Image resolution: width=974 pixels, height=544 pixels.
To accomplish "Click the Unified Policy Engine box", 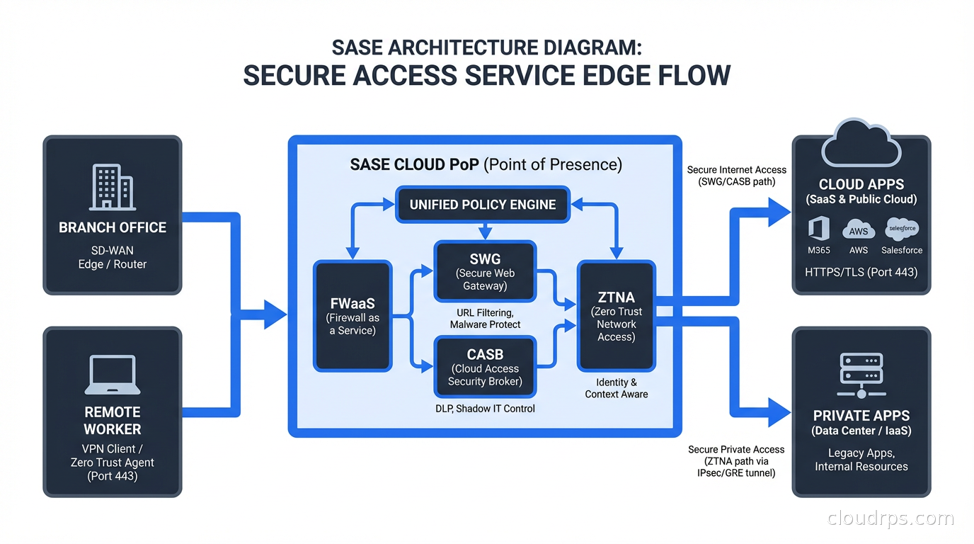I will [x=482, y=205].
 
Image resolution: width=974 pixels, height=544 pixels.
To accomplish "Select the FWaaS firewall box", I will [x=353, y=316].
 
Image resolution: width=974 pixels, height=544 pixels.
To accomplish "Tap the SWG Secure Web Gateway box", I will [x=485, y=271].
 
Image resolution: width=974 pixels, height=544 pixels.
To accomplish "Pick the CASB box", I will [x=485, y=367].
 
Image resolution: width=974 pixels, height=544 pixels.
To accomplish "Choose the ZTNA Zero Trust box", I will [x=616, y=316].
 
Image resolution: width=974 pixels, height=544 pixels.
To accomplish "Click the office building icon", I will [x=112, y=187].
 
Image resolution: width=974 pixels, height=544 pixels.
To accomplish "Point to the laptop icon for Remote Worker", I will [x=112, y=375].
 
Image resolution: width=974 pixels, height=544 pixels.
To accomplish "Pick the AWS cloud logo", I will [x=859, y=230].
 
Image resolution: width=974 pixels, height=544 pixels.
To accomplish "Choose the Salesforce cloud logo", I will [x=902, y=229].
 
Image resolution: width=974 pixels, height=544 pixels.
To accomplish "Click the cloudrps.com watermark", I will [x=890, y=518].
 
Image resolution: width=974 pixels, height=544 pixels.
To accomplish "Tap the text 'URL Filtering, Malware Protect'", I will [x=485, y=318].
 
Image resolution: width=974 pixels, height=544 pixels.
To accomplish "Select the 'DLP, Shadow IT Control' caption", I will [x=485, y=409].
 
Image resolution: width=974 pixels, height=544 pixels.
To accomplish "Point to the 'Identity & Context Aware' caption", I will [x=616, y=388].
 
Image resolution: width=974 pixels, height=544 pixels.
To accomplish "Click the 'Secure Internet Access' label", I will [x=736, y=170].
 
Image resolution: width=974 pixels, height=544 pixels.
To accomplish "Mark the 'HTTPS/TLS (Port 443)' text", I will [x=861, y=272].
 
